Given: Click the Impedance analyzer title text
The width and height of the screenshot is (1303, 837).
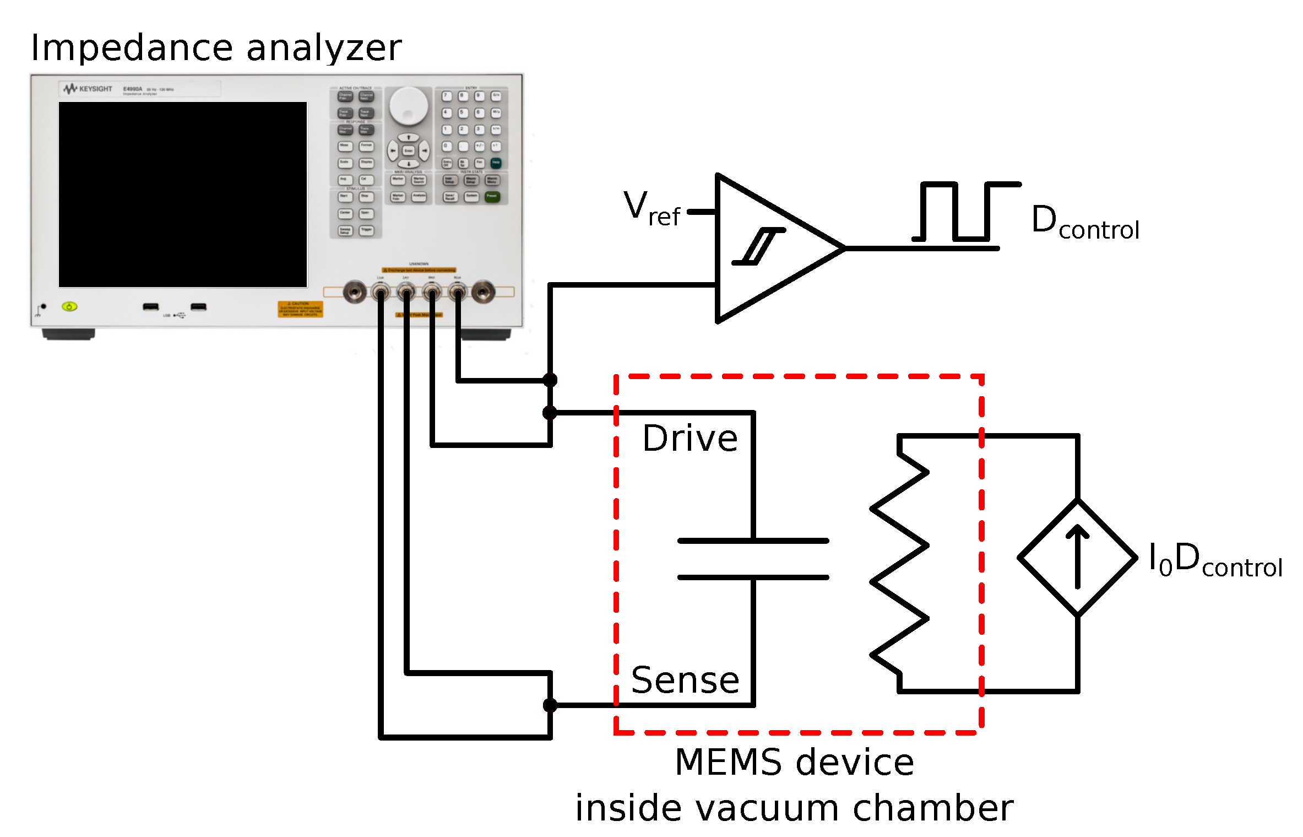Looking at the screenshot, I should pos(216,48).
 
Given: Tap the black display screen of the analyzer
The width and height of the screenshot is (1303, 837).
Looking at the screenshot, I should pos(182,194).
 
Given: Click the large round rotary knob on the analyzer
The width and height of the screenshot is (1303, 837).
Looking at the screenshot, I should pos(408,105).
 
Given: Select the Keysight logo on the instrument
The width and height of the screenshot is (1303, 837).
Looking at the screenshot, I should pos(88,89).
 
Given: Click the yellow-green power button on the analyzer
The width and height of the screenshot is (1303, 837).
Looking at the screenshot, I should pos(69,306).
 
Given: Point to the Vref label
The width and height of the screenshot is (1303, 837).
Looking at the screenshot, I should pos(651,208).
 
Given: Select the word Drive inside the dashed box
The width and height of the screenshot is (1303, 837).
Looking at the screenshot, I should pos(689,439).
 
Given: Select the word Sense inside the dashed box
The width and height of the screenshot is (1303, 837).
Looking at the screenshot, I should pos(685,680).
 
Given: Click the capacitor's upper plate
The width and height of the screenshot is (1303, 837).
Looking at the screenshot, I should pos(752,541).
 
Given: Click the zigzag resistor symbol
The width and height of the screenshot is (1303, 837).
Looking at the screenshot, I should pos(899,563).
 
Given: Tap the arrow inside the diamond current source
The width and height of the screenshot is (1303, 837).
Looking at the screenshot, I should pos(1077,557).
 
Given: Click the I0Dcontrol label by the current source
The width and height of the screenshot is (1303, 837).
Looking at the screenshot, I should pos(1215,560).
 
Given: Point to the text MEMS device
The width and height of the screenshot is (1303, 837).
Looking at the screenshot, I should pos(794,763).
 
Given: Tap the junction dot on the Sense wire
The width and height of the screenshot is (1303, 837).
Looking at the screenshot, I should pos(550,705).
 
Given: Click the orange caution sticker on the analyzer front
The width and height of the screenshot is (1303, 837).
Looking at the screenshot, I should pos(300,309).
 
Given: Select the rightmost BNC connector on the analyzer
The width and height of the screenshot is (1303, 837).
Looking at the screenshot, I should pos(483,291).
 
